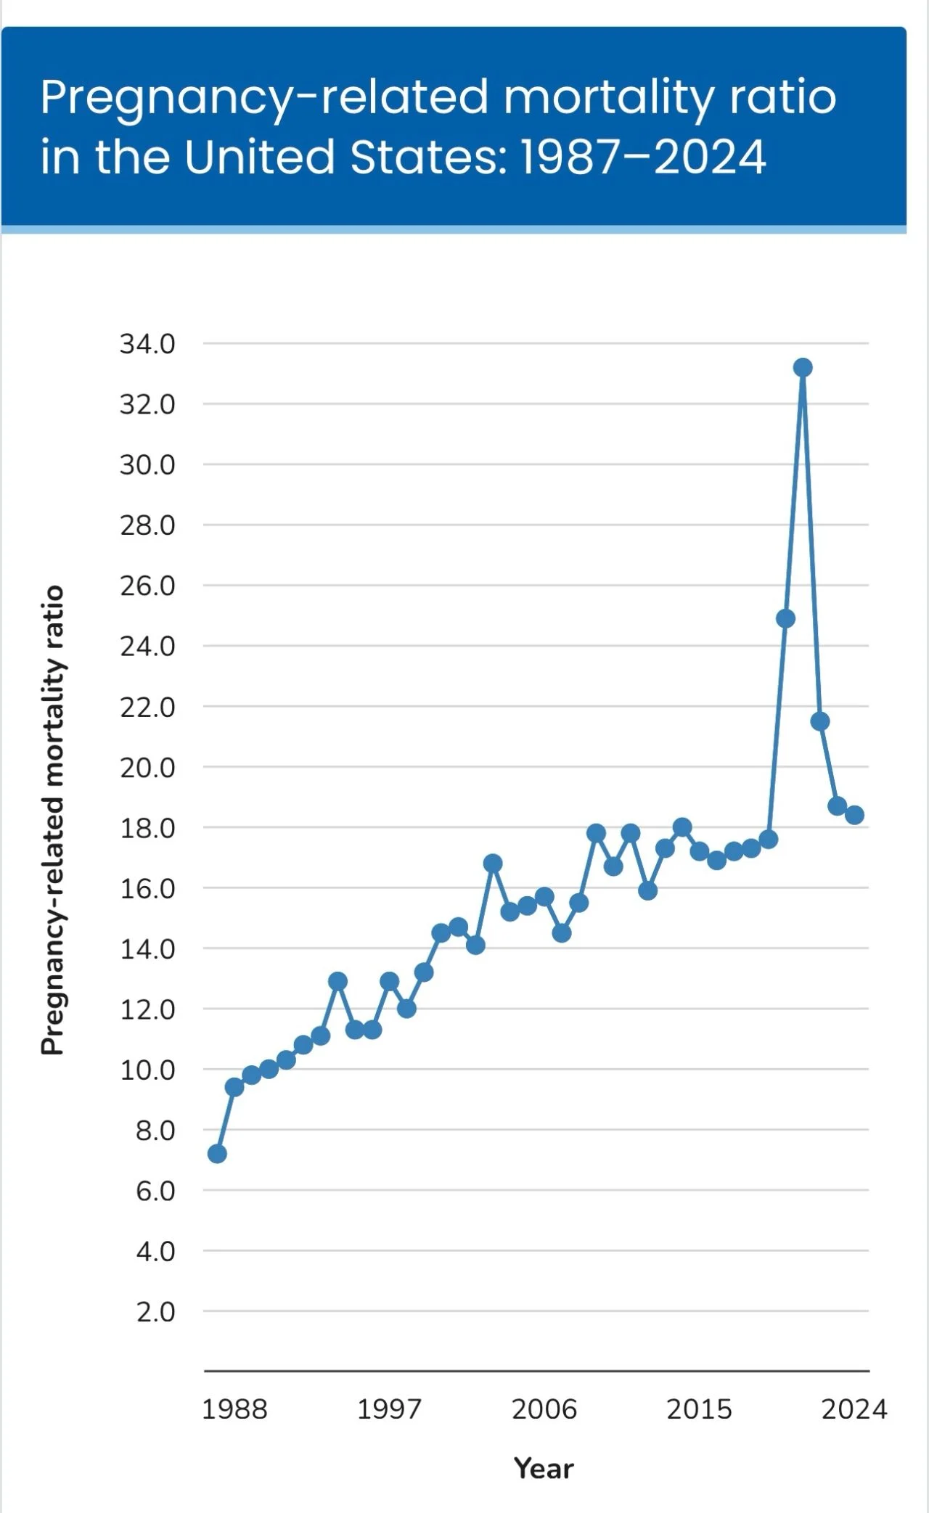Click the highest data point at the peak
point(802,368)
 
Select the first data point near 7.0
point(217,1153)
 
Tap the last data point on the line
point(854,815)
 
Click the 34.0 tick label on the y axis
point(147,344)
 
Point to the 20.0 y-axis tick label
point(147,767)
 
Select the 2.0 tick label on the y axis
point(155,1312)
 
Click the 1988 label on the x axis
point(234,1409)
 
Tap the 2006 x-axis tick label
point(544,1409)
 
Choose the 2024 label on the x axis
point(854,1409)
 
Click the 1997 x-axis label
point(389,1409)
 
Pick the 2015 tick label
point(699,1409)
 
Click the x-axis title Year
point(544,1468)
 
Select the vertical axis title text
point(52,820)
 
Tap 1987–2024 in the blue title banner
point(644,157)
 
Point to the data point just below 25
point(785,618)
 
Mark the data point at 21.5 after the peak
point(820,721)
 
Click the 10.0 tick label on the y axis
point(147,1070)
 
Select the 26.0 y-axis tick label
point(147,586)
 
